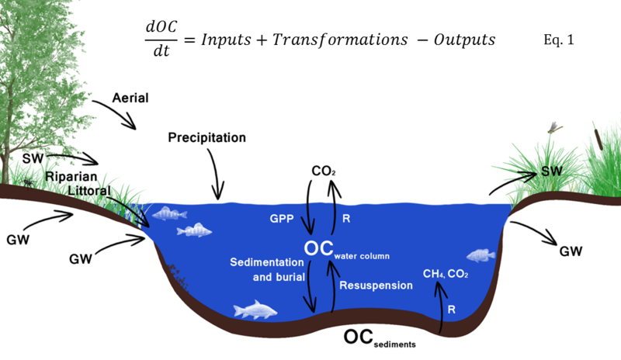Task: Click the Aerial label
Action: (x=130, y=98)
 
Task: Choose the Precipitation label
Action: (x=206, y=137)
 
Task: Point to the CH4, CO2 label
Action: (x=446, y=274)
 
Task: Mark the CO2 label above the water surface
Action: (x=323, y=171)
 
